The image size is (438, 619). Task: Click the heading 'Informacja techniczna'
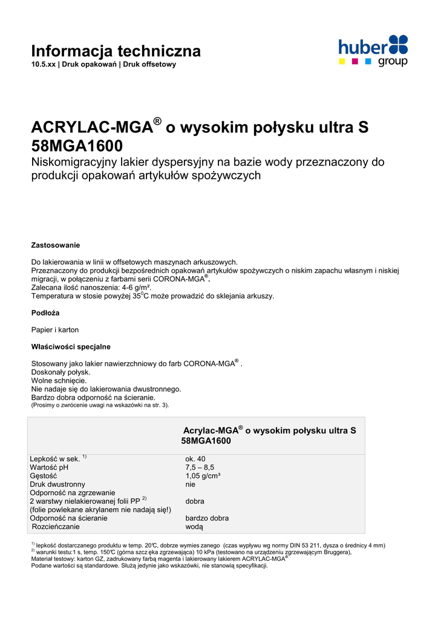[116, 51]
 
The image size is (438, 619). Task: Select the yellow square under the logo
[342, 61]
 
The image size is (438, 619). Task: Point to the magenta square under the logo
[355, 61]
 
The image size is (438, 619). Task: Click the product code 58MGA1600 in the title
[77, 146]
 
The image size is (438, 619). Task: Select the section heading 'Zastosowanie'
[56, 245]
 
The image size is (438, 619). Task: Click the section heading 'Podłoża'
[45, 313]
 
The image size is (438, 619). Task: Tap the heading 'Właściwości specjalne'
[71, 346]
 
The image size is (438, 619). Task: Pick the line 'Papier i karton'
[55, 330]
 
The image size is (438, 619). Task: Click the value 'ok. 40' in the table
[195, 459]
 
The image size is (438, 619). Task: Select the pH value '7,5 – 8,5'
[200, 467]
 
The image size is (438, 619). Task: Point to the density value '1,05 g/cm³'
[203, 476]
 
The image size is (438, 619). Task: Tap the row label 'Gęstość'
[43, 476]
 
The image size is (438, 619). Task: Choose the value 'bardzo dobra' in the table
[207, 518]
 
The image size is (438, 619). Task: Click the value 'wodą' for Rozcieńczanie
[194, 527]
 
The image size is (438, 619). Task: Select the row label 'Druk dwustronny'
[57, 484]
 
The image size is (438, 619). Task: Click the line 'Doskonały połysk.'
[60, 372]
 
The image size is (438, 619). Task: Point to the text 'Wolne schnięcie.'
[59, 381]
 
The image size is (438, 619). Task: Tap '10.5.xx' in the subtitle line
[43, 64]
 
